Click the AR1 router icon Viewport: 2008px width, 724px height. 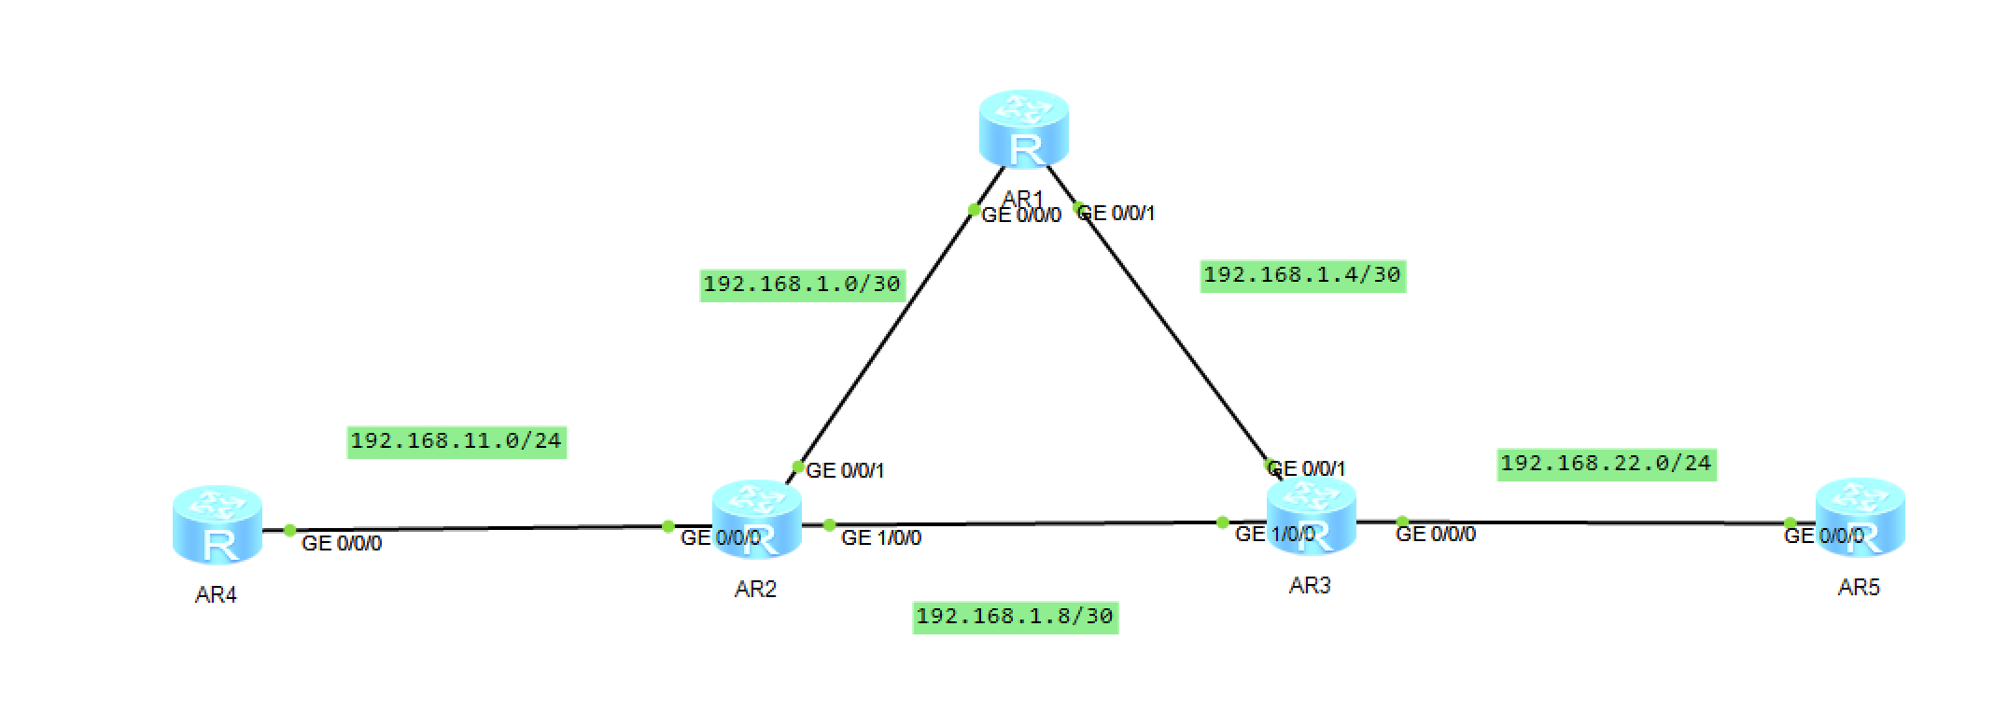point(1023,129)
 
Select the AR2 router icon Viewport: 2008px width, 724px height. point(756,519)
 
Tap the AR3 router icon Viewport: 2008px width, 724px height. point(1311,516)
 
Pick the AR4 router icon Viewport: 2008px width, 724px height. point(218,524)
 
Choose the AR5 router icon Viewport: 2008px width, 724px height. point(1860,517)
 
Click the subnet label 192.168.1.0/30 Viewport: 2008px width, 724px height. point(802,284)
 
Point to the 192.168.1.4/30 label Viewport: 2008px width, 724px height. point(1302,275)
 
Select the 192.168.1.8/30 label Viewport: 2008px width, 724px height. point(1015,617)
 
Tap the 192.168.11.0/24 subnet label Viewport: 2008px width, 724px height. point(456,440)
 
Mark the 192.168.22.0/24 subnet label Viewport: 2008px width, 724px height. point(1606,464)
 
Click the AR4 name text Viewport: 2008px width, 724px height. point(216,595)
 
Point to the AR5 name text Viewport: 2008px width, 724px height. point(1859,588)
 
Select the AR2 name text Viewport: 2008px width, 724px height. point(755,590)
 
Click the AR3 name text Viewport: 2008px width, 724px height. point(1310,586)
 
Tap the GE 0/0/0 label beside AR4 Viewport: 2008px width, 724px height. point(342,544)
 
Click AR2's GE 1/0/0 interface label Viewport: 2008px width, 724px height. point(881,538)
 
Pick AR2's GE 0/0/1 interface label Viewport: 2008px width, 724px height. point(845,471)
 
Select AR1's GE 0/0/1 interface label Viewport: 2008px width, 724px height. point(1117,214)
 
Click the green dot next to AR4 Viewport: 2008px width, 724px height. point(290,530)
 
